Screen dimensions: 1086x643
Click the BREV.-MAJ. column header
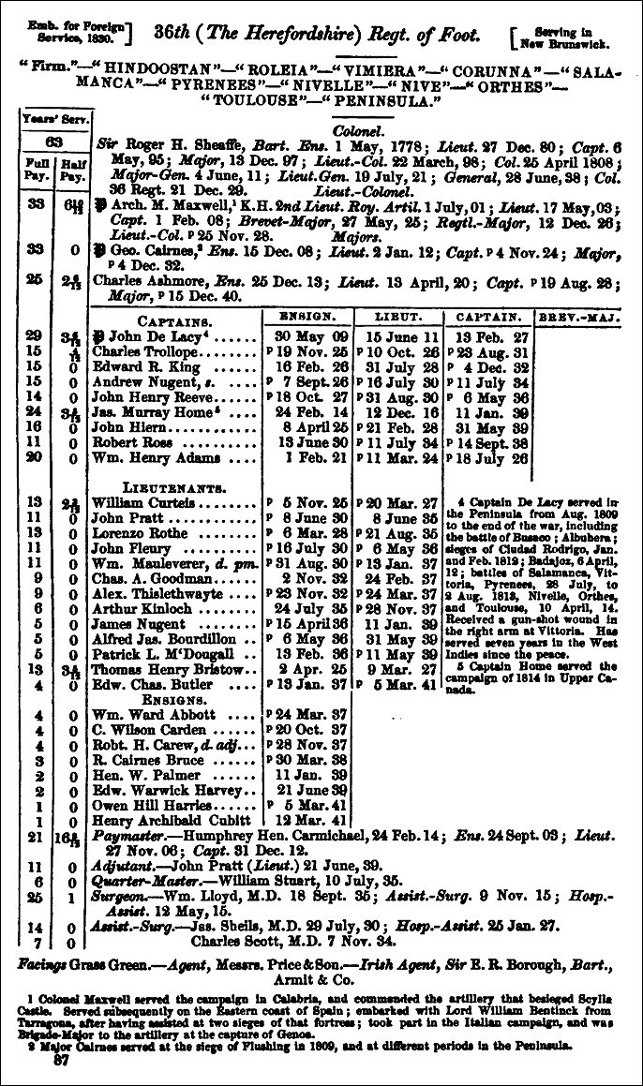(579, 318)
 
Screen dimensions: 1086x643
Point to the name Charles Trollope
(138, 351)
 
